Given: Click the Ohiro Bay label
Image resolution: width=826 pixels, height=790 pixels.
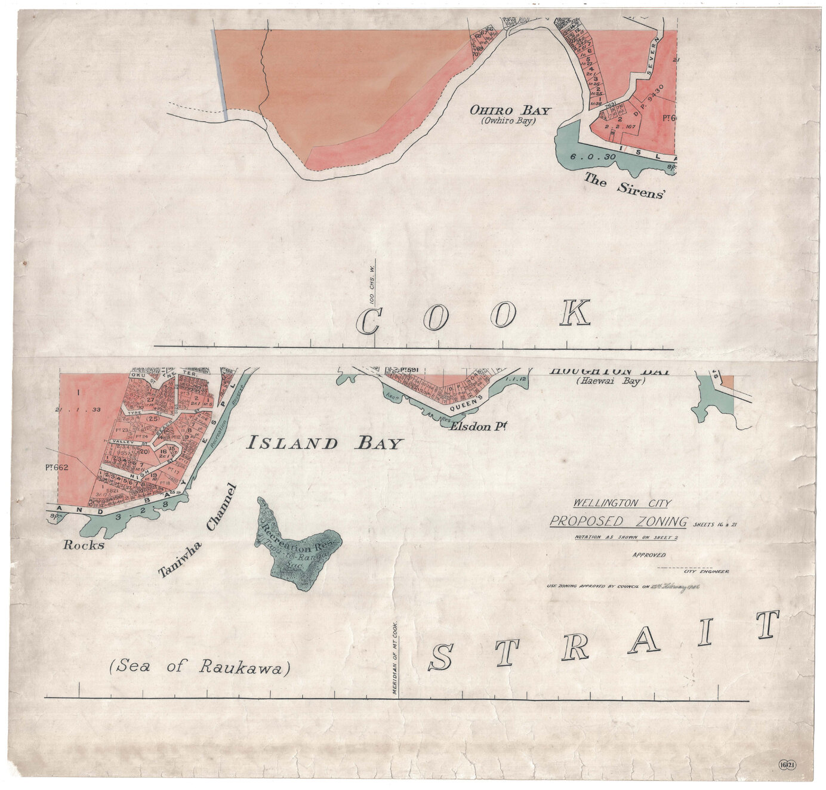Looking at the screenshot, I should click(x=510, y=110).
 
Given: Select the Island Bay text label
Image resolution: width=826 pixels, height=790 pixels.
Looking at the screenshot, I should click(x=325, y=443).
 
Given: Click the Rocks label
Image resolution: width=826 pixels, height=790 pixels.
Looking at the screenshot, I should click(x=84, y=545).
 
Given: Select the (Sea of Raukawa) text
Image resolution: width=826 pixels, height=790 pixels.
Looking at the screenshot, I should click(x=200, y=666).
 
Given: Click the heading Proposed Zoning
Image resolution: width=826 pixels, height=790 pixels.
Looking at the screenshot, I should click(x=618, y=521).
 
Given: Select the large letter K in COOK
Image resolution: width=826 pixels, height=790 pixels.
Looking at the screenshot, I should click(x=575, y=313).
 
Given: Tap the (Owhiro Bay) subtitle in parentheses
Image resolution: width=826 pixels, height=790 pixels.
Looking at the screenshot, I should click(x=508, y=121).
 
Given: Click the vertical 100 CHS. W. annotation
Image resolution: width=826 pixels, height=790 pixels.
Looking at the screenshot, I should click(x=372, y=286).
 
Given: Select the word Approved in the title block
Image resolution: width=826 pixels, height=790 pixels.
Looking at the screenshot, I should click(x=649, y=555).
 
